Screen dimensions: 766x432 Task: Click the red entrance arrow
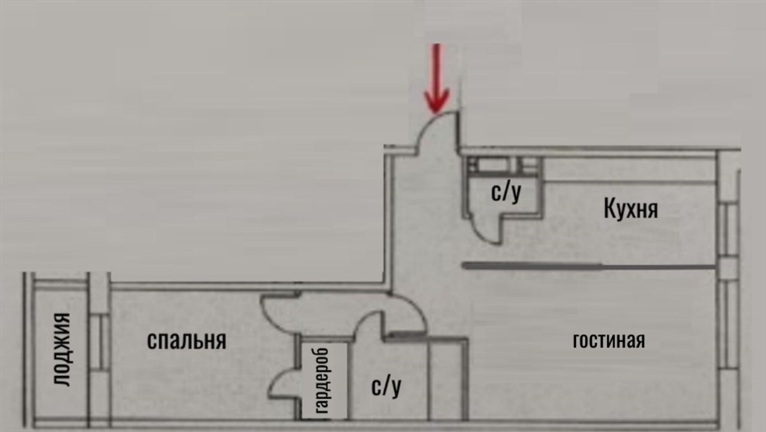tap(436, 78)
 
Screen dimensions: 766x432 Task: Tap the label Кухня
tap(631, 208)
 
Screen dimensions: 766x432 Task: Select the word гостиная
tap(609, 340)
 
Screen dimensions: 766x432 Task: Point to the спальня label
tap(186, 340)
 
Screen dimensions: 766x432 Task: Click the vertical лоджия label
tap(61, 350)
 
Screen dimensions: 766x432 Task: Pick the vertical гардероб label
tap(322, 380)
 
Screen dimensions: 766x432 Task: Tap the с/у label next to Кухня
tap(506, 192)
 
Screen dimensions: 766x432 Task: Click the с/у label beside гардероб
tap(387, 386)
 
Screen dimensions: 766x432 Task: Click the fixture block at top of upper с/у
tap(503, 165)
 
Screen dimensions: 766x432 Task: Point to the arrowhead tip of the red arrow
tap(436, 114)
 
